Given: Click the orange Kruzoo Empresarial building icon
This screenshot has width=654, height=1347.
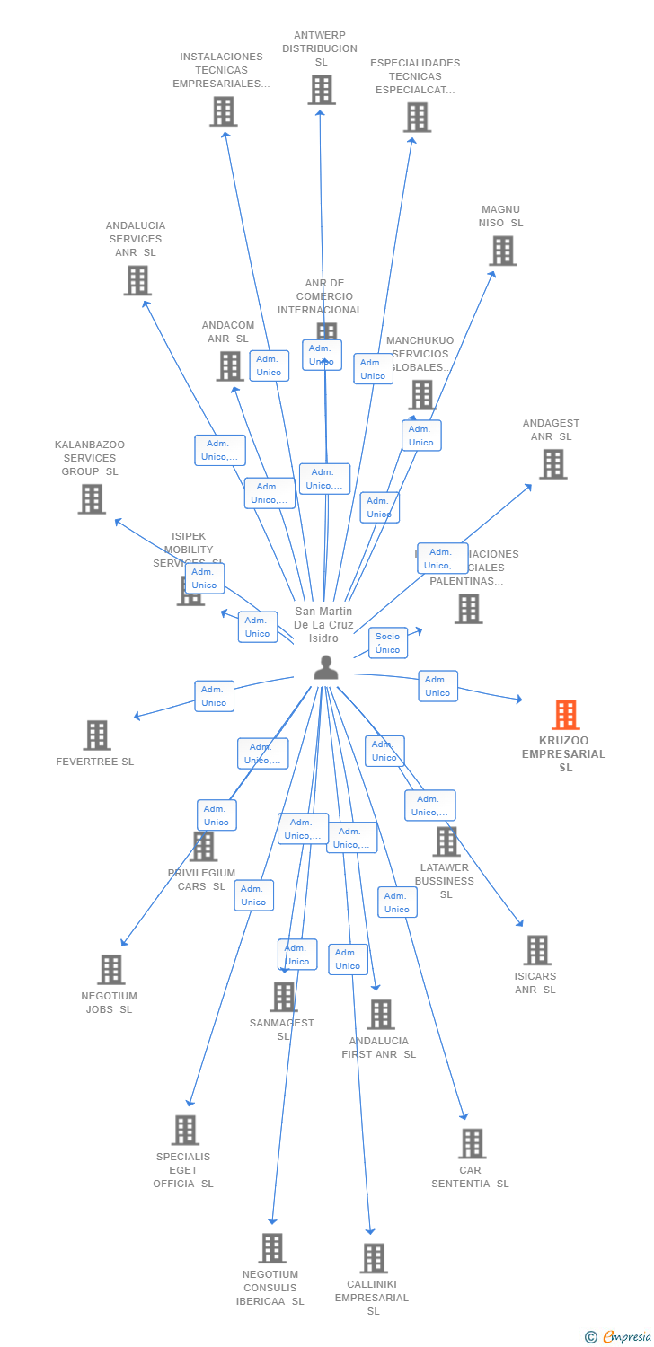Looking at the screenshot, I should tap(565, 715).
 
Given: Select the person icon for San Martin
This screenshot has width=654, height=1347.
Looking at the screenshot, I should tap(325, 666).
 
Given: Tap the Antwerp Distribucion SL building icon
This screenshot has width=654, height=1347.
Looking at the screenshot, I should tap(322, 90).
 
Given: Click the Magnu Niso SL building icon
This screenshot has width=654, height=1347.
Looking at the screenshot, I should tap(503, 251).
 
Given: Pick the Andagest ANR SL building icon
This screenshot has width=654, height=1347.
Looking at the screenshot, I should tap(552, 464).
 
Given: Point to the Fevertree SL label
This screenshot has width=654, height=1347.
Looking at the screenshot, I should tap(95, 762).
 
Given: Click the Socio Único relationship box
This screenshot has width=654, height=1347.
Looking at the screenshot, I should tap(388, 643).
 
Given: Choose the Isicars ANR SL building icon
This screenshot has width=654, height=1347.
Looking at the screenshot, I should tap(537, 950).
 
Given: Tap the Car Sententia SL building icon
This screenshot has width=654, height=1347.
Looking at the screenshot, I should tap(472, 1143).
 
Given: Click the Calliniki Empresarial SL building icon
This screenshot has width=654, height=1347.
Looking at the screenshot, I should tap(374, 1258).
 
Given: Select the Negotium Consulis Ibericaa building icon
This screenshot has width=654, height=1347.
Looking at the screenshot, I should tap(272, 1248).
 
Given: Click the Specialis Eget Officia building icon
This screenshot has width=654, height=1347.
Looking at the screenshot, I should tap(184, 1131).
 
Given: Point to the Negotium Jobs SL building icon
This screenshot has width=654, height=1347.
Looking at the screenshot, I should tap(110, 970).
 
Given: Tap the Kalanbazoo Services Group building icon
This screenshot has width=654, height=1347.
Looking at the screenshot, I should tap(92, 499).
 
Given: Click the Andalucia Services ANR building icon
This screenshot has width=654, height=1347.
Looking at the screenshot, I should tap(137, 280).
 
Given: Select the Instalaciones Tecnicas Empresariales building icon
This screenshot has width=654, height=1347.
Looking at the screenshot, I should tap(223, 111).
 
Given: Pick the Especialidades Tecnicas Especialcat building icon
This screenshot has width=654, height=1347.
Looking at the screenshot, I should tap(417, 118).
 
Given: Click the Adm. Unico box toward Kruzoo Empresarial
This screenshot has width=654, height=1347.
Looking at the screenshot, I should tap(437, 686).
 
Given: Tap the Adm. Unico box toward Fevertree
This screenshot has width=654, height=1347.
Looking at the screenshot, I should tap(214, 696).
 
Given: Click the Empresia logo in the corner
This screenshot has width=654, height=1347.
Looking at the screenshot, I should tap(619, 1337).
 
